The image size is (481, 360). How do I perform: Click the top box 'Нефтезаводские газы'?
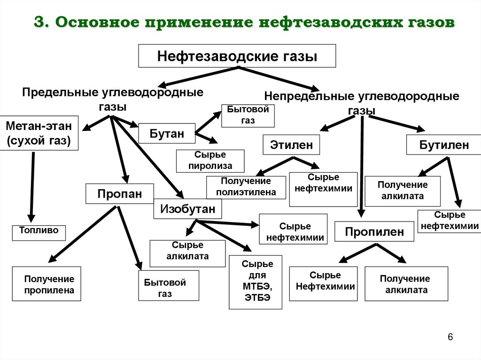[237, 57]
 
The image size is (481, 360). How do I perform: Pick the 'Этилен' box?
[291, 145]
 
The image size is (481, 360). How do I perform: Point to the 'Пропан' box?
[119, 193]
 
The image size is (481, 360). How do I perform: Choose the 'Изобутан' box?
[187, 208]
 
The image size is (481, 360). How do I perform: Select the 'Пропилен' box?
[374, 231]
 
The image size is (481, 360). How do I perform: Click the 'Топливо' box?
[39, 232]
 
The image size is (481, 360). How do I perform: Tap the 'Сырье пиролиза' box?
[210, 161]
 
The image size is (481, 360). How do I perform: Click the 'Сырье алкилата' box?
[187, 253]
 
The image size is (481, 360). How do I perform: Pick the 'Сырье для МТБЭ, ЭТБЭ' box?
[256, 282]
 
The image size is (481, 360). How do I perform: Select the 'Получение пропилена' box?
[47, 284]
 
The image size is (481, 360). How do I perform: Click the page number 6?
[450, 337]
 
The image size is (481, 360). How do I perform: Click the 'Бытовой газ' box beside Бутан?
[248, 115]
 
